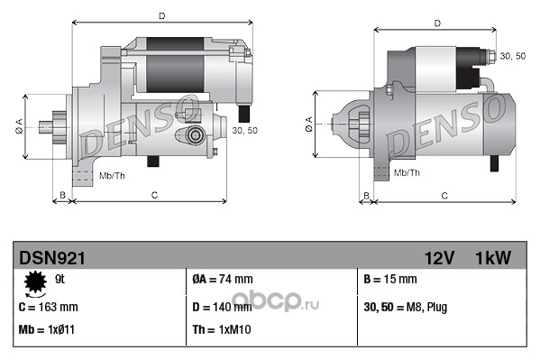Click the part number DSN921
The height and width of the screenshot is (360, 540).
tap(52, 258)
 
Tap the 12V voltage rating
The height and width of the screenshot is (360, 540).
tap(439, 258)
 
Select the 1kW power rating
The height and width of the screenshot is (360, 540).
tap(493, 258)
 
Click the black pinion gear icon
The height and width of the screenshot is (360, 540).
tap(35, 282)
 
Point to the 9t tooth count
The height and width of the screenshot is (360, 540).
tap(59, 279)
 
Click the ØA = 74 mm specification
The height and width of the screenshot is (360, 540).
tap(223, 279)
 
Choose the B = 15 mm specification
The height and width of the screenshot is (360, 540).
tap(390, 279)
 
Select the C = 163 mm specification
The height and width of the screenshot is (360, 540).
tap(48, 307)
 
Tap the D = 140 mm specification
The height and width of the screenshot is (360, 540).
tap(222, 307)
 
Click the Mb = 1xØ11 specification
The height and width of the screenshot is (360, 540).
tap(47, 329)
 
